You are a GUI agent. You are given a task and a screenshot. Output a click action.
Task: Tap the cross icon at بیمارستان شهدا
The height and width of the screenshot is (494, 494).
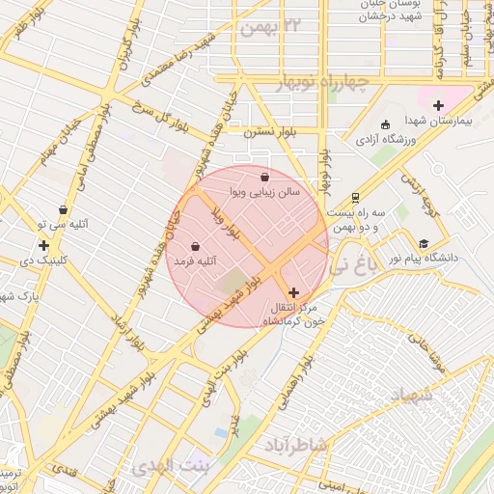pyautogui.click(x=439, y=105)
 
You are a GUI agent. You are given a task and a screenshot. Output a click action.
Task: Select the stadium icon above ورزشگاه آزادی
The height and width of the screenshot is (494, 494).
pyautogui.click(x=386, y=124)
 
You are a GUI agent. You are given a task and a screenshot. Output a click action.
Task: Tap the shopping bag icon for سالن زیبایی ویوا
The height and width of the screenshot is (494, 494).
pyautogui.click(x=265, y=177)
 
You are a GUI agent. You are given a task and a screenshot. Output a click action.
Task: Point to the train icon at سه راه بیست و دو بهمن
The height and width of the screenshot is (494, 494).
pyautogui.click(x=355, y=196)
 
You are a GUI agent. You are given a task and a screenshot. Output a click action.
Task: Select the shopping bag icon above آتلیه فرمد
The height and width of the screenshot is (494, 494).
pyautogui.click(x=196, y=246)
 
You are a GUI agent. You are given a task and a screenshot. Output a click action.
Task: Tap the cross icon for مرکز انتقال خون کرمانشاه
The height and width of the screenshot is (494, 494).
pyautogui.click(x=294, y=291)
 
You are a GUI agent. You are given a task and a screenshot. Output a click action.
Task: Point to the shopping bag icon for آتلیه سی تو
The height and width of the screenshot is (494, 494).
pyautogui.click(x=63, y=209)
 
